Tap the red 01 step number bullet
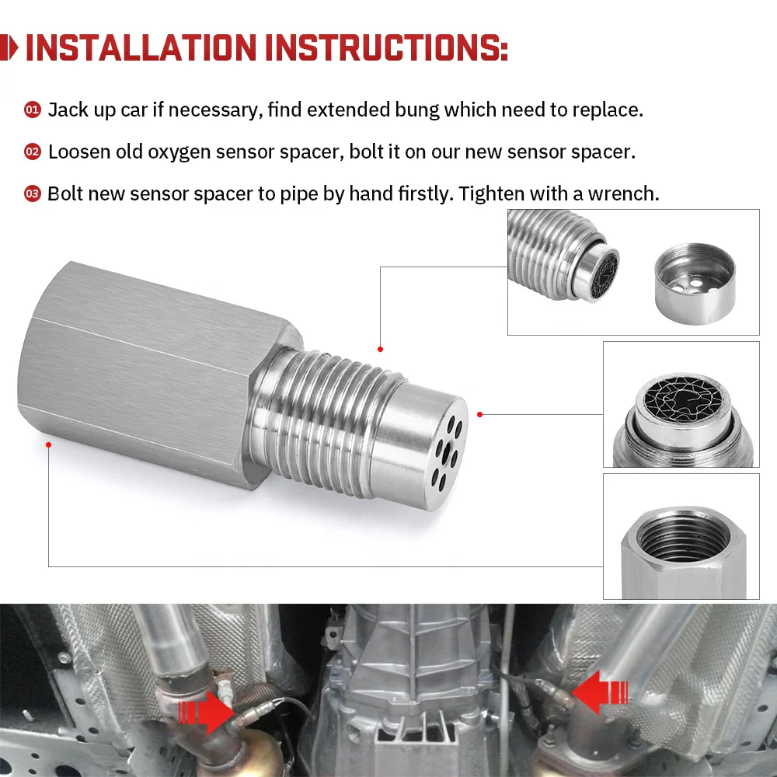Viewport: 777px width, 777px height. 32,110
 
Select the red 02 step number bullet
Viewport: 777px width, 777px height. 32,152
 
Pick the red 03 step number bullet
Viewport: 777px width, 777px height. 32,194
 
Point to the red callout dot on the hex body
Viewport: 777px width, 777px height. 48,445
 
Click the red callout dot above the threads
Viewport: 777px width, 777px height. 380,349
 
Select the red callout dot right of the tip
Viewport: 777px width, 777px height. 479,414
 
